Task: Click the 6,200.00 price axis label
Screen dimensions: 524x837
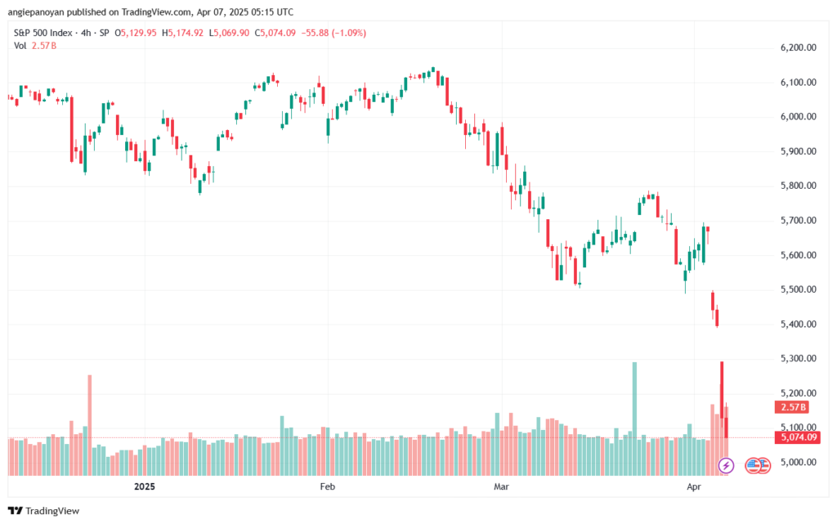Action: [x=799, y=48]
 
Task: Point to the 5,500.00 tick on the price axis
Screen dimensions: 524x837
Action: [x=799, y=289]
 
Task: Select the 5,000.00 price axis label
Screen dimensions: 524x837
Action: [x=799, y=462]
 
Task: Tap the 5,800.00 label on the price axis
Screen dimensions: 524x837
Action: [x=799, y=186]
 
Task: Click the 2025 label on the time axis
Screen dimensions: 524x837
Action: [x=143, y=486]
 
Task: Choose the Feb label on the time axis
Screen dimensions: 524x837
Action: [x=328, y=486]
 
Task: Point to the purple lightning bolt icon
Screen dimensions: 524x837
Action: [x=726, y=465]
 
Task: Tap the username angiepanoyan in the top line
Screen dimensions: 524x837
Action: [x=41, y=11]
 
